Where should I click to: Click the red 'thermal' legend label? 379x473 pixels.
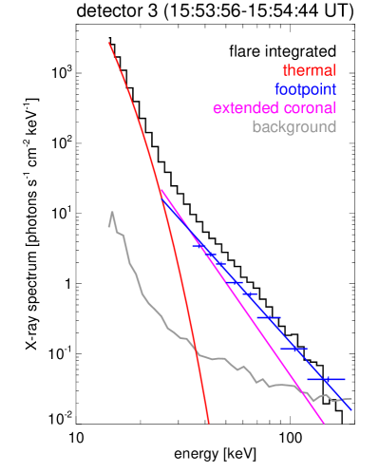point(309,71)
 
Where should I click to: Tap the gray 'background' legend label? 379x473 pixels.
point(294,126)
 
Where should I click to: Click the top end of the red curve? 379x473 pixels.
point(109,42)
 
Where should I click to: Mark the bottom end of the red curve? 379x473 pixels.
point(208,423)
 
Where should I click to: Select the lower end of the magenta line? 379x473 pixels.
point(324,424)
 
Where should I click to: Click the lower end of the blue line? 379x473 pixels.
point(351,411)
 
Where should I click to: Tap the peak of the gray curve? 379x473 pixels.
point(112,212)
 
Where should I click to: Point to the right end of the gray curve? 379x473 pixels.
point(351,398)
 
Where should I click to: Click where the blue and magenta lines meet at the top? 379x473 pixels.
point(161,192)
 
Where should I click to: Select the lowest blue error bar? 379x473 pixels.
point(326,379)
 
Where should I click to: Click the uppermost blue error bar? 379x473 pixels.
point(199,247)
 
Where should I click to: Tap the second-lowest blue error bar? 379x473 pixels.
point(297,350)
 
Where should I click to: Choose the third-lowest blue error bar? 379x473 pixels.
point(270,317)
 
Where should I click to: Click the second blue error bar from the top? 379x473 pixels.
point(216,259)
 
